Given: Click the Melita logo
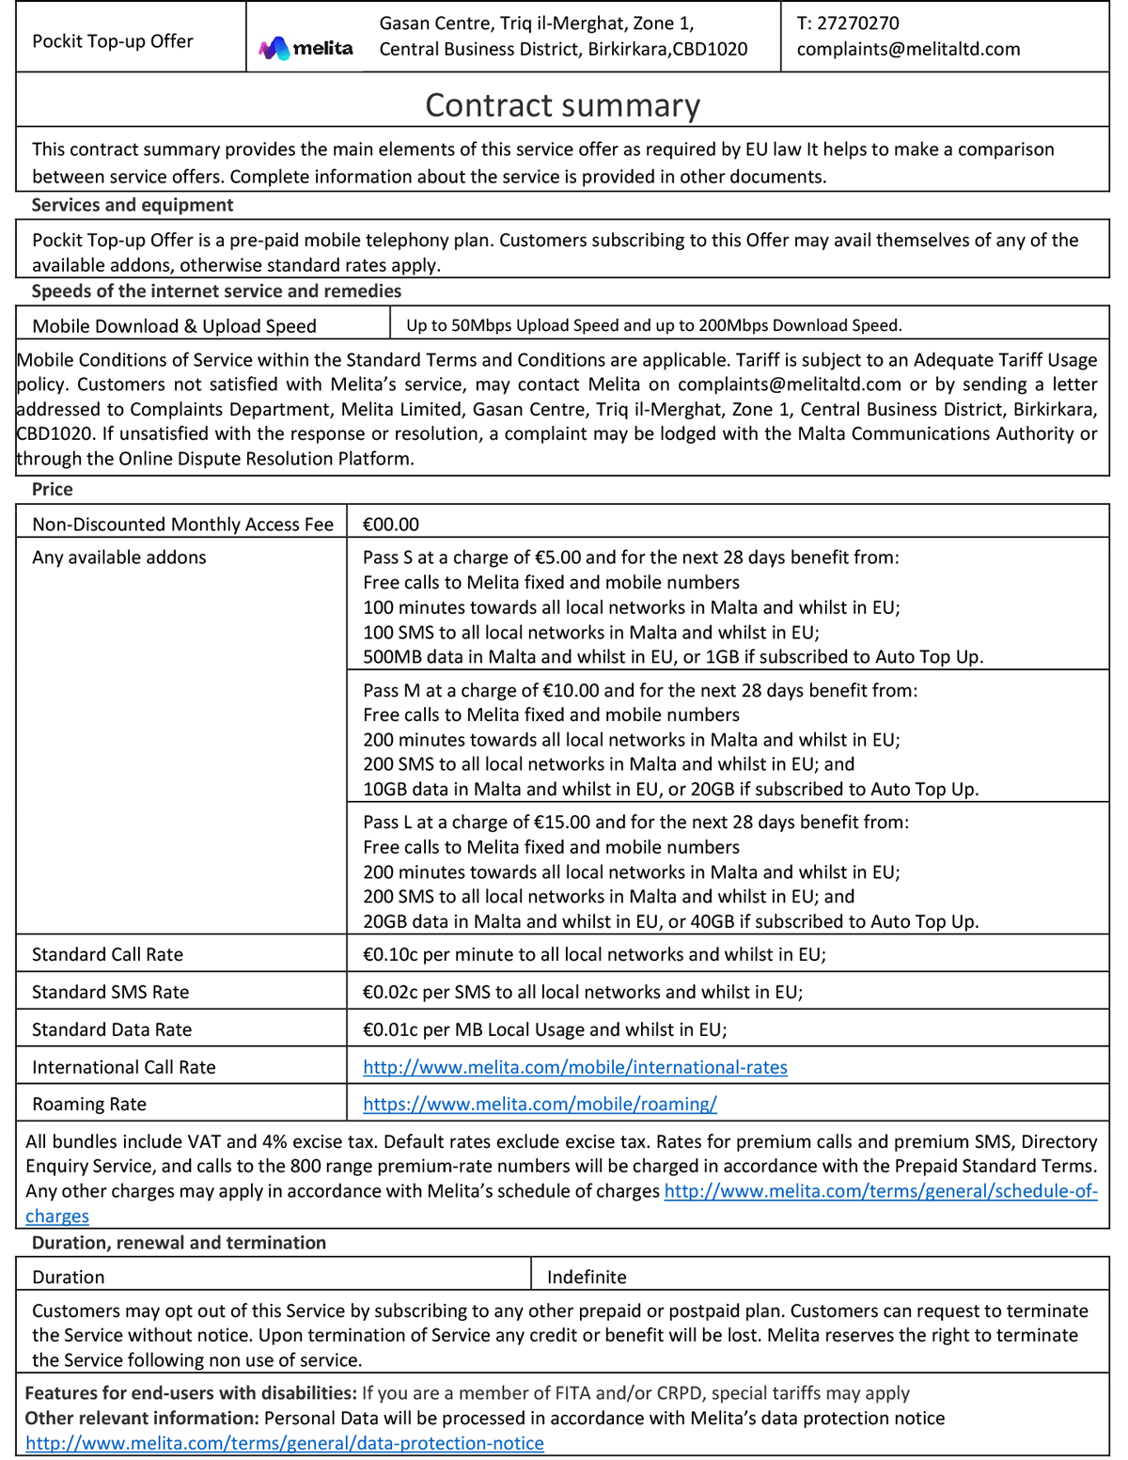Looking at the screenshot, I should (x=306, y=48).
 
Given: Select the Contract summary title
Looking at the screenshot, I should (x=562, y=105).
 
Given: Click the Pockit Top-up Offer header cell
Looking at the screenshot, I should (x=113, y=41).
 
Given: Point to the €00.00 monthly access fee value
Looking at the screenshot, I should (x=391, y=525).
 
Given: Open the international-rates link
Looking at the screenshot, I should (x=575, y=1067).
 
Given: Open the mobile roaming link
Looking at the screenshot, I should (x=540, y=1104).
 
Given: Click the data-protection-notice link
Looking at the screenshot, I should (x=284, y=1443).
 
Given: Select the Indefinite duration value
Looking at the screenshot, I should (x=587, y=1277).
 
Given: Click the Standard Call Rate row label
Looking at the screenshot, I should (x=107, y=954).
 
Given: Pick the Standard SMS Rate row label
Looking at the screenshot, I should (x=110, y=992).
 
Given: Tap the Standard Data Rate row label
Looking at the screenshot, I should (x=112, y=1029).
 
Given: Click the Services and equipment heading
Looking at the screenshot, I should (x=133, y=205).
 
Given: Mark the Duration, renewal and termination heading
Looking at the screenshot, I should (x=179, y=1243).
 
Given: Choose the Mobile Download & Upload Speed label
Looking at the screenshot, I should (x=174, y=326).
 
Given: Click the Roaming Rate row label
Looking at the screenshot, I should (x=89, y=1104).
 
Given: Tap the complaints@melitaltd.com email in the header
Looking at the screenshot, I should (x=908, y=49).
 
